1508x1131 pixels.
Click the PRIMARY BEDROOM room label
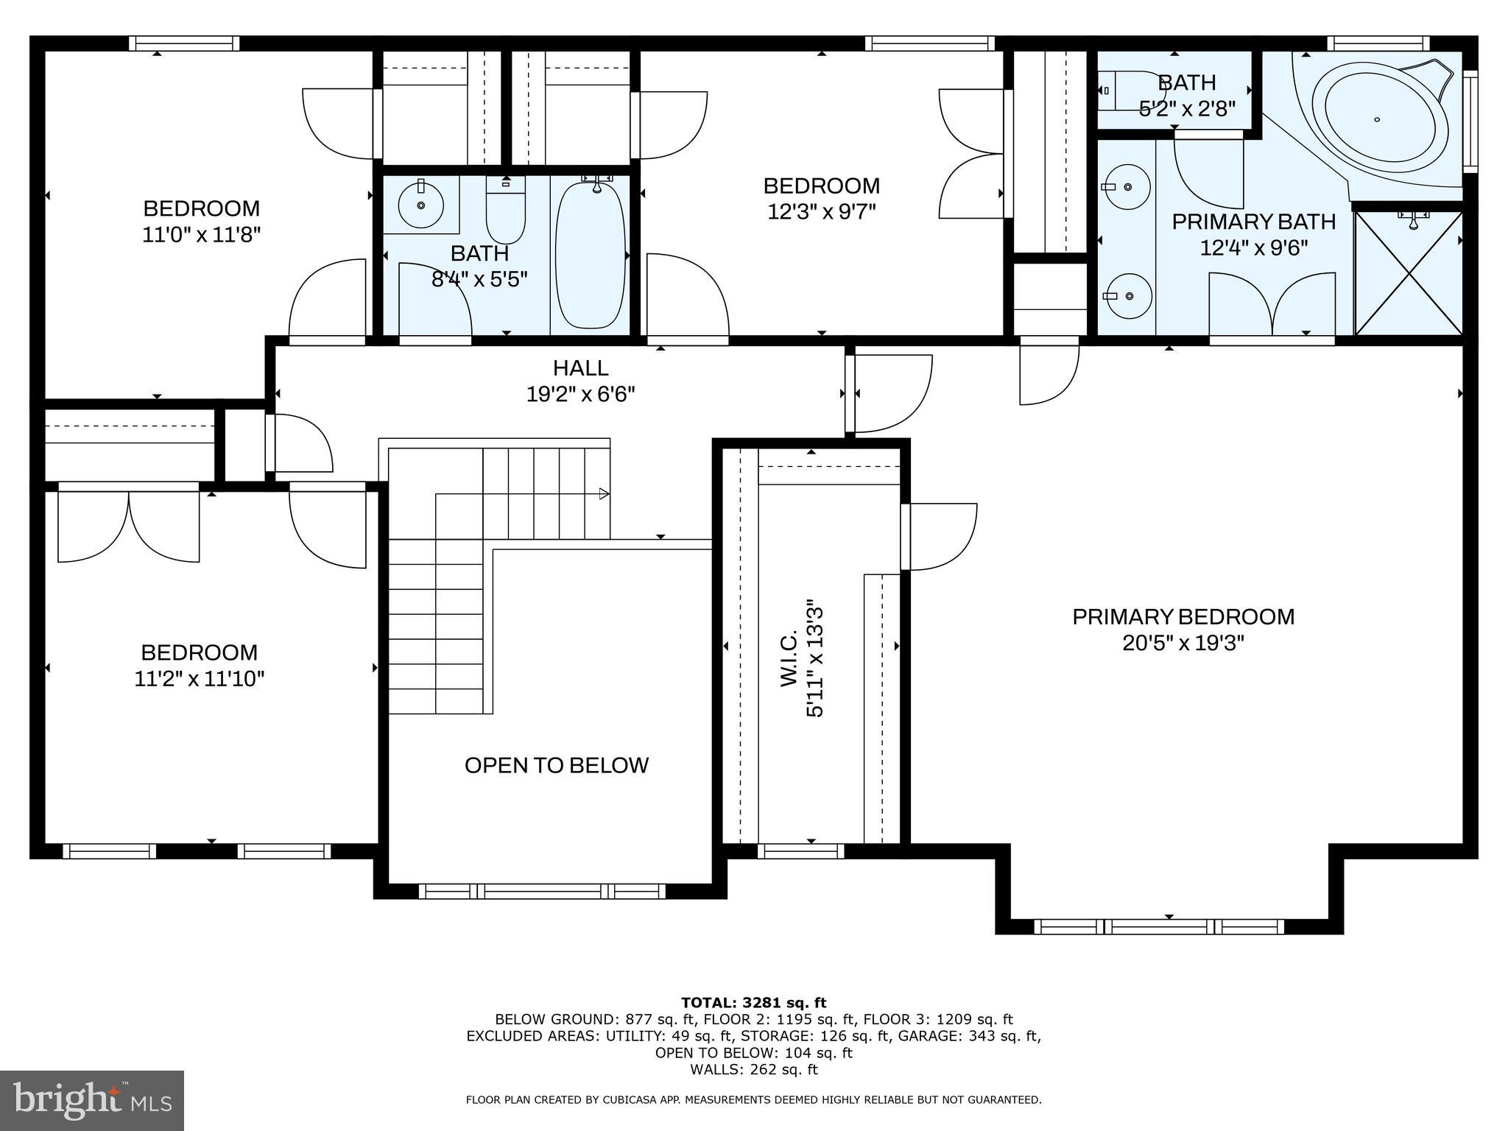pyautogui.click(x=1183, y=617)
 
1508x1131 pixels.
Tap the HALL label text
pyautogui.click(x=580, y=368)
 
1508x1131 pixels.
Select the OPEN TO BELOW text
pyautogui.click(x=556, y=766)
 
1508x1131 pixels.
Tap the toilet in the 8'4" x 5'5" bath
pyautogui.click(x=505, y=214)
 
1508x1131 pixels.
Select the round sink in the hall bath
pyautogui.click(x=421, y=205)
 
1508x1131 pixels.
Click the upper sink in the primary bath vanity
pyautogui.click(x=1128, y=187)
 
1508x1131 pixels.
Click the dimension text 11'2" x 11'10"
pyautogui.click(x=199, y=679)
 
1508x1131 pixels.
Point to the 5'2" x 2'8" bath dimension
pyautogui.click(x=1186, y=109)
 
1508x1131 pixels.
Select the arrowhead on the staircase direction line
pyautogui.click(x=604, y=493)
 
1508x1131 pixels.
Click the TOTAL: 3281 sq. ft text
pyautogui.click(x=753, y=1002)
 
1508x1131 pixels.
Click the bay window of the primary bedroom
pyautogui.click(x=1159, y=926)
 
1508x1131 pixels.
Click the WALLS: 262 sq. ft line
pyautogui.click(x=753, y=1069)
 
